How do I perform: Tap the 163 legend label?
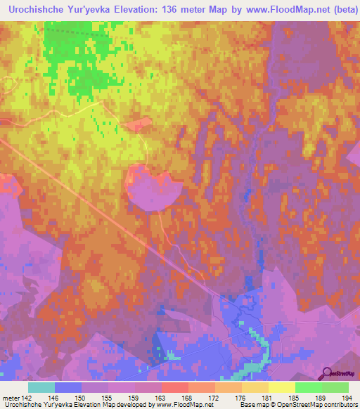pos(161,398)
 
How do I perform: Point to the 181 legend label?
pos(268,398)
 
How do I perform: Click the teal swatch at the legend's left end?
pos(41,387)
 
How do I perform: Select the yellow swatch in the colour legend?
pos(282,387)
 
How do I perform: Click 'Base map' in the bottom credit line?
pos(252,405)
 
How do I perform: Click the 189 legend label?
pos(321,398)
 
